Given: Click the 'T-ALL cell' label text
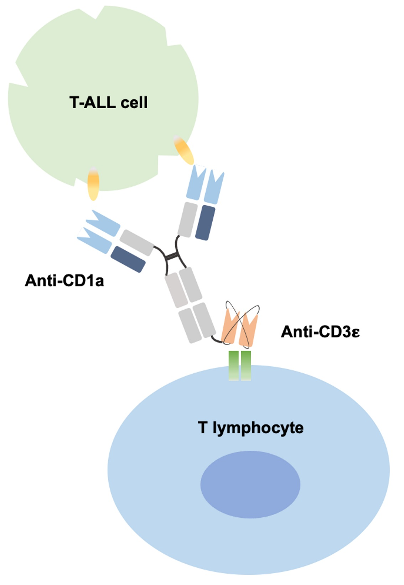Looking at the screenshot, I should pos(108,102).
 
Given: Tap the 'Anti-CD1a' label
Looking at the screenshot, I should pos(64,281).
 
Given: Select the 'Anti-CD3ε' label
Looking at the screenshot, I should pos(320,332).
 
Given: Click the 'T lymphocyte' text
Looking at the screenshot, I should pos(250,427).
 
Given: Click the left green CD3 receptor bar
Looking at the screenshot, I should pos(234,366).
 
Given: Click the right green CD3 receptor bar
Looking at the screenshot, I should pos(246,366).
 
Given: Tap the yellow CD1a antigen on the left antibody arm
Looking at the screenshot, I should pos(93,184).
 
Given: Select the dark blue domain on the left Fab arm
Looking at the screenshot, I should pos(128,259).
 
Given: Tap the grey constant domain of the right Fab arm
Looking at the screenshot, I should pos(187,219).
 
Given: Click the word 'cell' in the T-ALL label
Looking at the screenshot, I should pos(134,102).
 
